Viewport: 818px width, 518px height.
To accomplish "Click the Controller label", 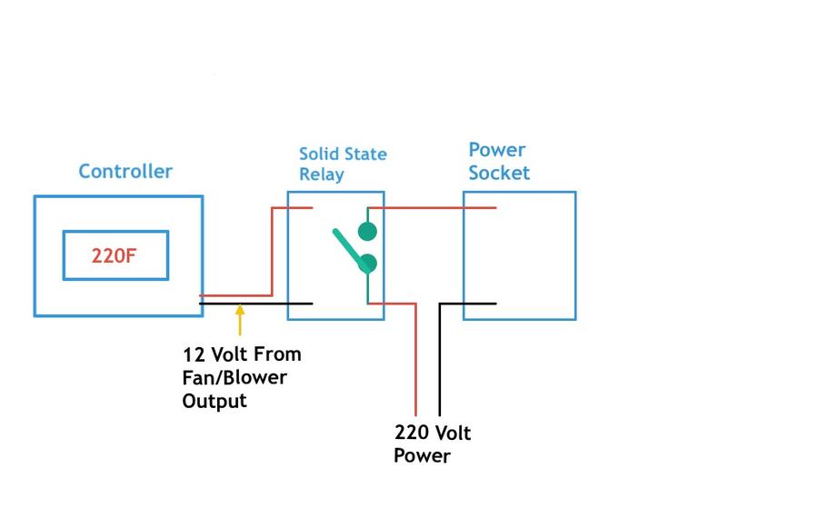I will (x=125, y=171).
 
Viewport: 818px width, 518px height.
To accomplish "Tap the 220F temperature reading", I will (x=115, y=255).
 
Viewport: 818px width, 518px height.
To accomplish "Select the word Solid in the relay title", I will (x=319, y=154).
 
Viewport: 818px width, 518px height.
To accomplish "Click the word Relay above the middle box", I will (x=322, y=174).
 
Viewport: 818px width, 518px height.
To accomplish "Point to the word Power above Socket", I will (x=497, y=150).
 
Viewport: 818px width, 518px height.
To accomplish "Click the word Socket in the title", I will (x=499, y=173).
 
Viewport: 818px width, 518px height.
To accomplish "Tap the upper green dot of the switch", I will (x=367, y=231).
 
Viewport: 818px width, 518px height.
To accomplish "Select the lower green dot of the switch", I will (x=367, y=264).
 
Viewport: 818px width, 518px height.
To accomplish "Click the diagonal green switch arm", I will (x=346, y=245).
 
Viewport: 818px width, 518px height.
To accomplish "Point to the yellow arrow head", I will (x=240, y=311).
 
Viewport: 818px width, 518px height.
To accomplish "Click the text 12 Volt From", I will (x=242, y=354).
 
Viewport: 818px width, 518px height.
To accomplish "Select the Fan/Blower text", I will (x=234, y=377).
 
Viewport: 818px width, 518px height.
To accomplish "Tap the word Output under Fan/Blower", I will (x=214, y=401).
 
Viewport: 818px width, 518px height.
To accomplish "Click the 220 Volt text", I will (x=433, y=433).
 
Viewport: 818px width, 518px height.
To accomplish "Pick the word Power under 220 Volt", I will (x=422, y=455).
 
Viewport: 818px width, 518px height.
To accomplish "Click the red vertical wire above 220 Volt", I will (x=416, y=364).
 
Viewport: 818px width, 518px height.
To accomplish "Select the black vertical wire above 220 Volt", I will (x=440, y=364).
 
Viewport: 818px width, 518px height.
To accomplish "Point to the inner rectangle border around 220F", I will (x=64, y=255).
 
